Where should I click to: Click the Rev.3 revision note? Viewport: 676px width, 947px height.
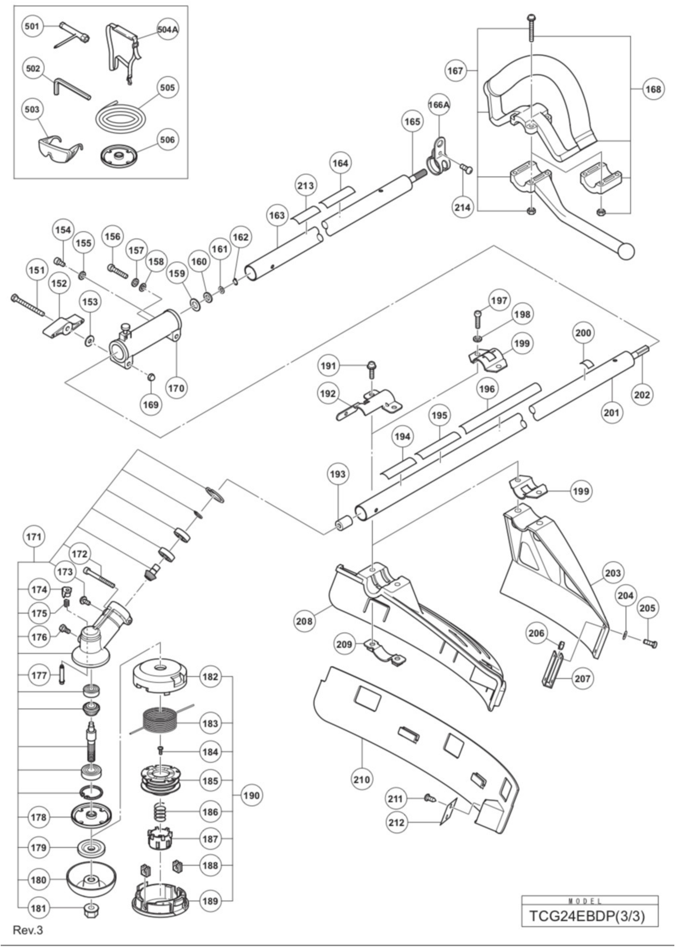point(28,930)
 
